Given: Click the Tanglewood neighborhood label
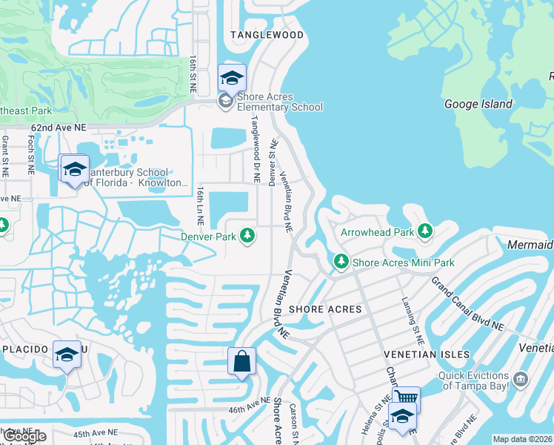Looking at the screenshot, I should tap(267, 35).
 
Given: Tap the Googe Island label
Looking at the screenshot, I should tap(478, 104).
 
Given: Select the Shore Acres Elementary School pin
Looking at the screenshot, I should tap(232, 78).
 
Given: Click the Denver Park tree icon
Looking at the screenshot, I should tap(248, 237).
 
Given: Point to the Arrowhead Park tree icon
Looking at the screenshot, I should tap(425, 232).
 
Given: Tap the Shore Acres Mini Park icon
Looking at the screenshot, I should tap(341, 262).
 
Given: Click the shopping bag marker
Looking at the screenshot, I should tap(241, 363).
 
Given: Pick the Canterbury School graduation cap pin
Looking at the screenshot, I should tap(74, 170).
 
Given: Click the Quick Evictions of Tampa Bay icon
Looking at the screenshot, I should tap(521, 380).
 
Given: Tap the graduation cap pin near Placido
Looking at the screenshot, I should tap(67, 355).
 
